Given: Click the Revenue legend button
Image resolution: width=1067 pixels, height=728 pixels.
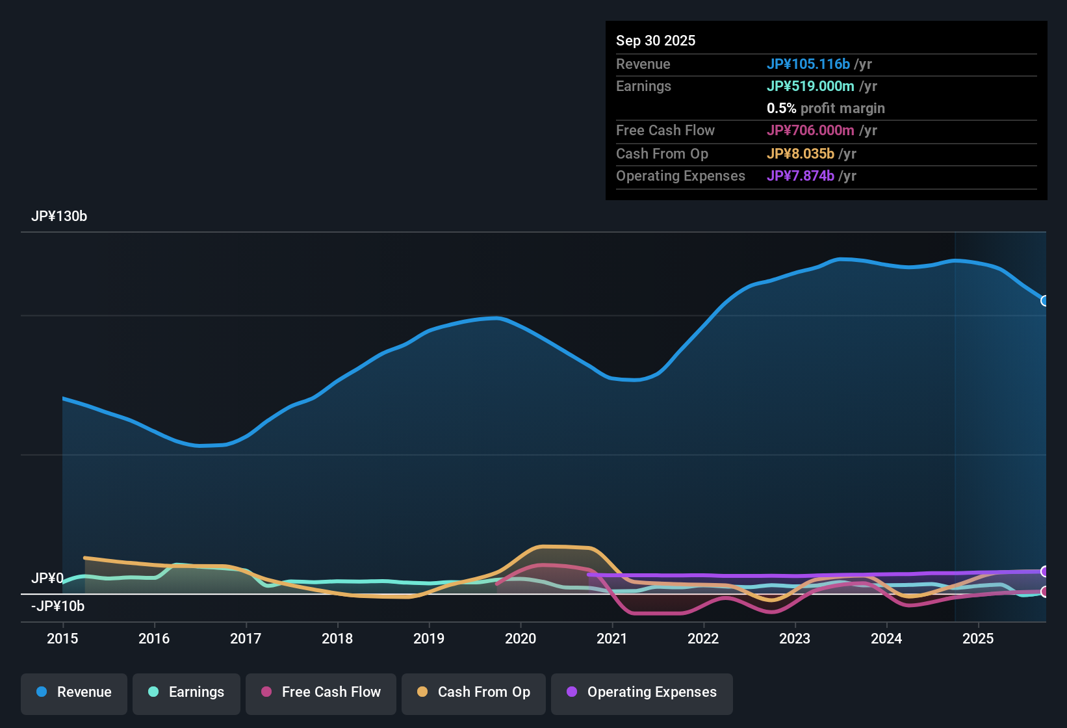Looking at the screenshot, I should pyautogui.click(x=74, y=692).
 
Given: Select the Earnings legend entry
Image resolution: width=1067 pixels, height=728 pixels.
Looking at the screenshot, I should pyautogui.click(x=186, y=692).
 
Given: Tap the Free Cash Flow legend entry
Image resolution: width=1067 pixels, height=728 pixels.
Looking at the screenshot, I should pyautogui.click(x=321, y=692).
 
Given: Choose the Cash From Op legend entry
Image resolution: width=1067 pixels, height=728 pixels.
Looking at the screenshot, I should pyautogui.click(x=474, y=692).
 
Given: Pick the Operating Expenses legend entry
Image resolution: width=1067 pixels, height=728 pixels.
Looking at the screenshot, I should pyautogui.click(x=642, y=692).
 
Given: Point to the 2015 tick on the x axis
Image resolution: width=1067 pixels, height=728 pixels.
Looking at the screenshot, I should pyautogui.click(x=62, y=638).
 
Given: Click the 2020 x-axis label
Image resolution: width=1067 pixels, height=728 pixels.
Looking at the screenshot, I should pyautogui.click(x=521, y=638).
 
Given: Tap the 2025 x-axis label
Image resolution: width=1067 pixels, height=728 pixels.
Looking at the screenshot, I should pyautogui.click(x=978, y=638).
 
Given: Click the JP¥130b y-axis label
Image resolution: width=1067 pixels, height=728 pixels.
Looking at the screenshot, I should pyautogui.click(x=59, y=216).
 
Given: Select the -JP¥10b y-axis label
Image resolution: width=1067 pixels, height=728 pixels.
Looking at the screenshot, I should pyautogui.click(x=58, y=606).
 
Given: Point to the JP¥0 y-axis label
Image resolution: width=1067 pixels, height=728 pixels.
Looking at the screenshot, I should pyautogui.click(x=47, y=578).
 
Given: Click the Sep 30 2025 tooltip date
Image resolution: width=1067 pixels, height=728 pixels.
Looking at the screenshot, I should pyautogui.click(x=656, y=40).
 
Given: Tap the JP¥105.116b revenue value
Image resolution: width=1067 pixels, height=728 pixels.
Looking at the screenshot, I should pyautogui.click(x=808, y=64).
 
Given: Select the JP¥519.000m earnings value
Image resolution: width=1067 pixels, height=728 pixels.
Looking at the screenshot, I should pyautogui.click(x=810, y=86).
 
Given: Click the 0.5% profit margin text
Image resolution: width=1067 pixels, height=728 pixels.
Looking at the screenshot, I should pyautogui.click(x=825, y=108).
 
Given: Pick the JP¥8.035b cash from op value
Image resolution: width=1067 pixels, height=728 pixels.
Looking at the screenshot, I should pyautogui.click(x=800, y=153).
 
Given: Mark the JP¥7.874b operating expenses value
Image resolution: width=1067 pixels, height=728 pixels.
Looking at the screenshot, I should pyautogui.click(x=800, y=175).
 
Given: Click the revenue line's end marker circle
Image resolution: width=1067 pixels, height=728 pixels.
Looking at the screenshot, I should pyautogui.click(x=1045, y=301).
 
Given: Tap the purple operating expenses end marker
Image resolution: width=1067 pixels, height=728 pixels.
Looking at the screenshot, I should pyautogui.click(x=1045, y=571).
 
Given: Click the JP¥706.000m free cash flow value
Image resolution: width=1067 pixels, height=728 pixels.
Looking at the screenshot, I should pyautogui.click(x=810, y=130).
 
